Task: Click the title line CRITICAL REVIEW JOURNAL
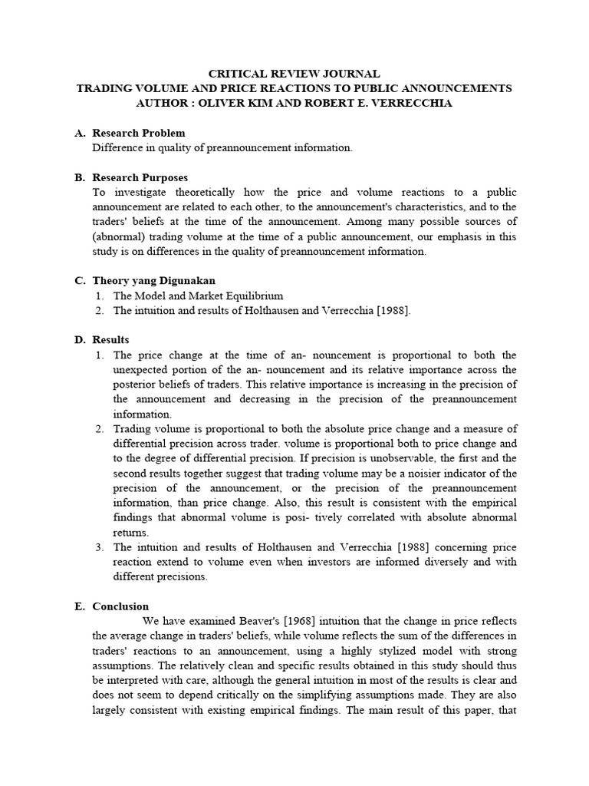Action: click(x=294, y=74)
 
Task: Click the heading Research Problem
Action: click(x=139, y=133)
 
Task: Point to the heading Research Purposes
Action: click(x=140, y=177)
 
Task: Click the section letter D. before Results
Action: click(x=80, y=339)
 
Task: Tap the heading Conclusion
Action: click(x=120, y=606)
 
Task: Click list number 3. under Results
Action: click(x=100, y=547)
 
